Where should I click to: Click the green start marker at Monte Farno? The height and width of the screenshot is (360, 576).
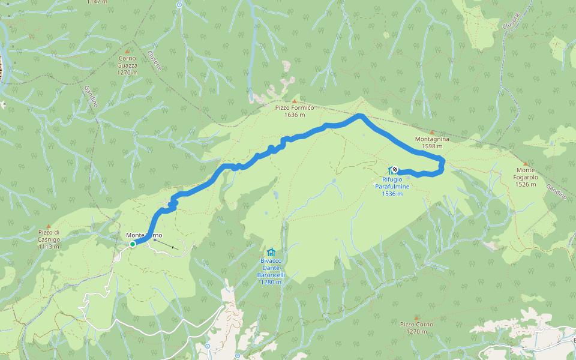pyautogui.click(x=133, y=244)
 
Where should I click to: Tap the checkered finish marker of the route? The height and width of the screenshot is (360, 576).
pyautogui.click(x=395, y=169)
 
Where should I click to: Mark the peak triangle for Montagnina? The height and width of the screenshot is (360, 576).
pyautogui.click(x=431, y=132)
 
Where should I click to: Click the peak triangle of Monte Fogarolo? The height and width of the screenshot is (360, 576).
pyautogui.click(x=526, y=163)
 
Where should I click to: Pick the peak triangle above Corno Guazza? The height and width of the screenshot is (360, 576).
pyautogui.click(x=128, y=52)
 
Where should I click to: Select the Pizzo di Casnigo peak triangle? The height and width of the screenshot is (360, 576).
pyautogui.click(x=49, y=226)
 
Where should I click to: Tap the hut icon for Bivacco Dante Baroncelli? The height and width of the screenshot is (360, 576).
pyautogui.click(x=271, y=253)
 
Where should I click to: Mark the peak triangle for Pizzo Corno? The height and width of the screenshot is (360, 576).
pyautogui.click(x=416, y=317)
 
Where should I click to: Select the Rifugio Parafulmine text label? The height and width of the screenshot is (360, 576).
pyautogui.click(x=392, y=187)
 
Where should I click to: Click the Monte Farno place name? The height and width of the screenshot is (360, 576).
pyautogui.click(x=144, y=235)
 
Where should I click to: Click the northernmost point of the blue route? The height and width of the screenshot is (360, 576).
pyautogui.click(x=359, y=115)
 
